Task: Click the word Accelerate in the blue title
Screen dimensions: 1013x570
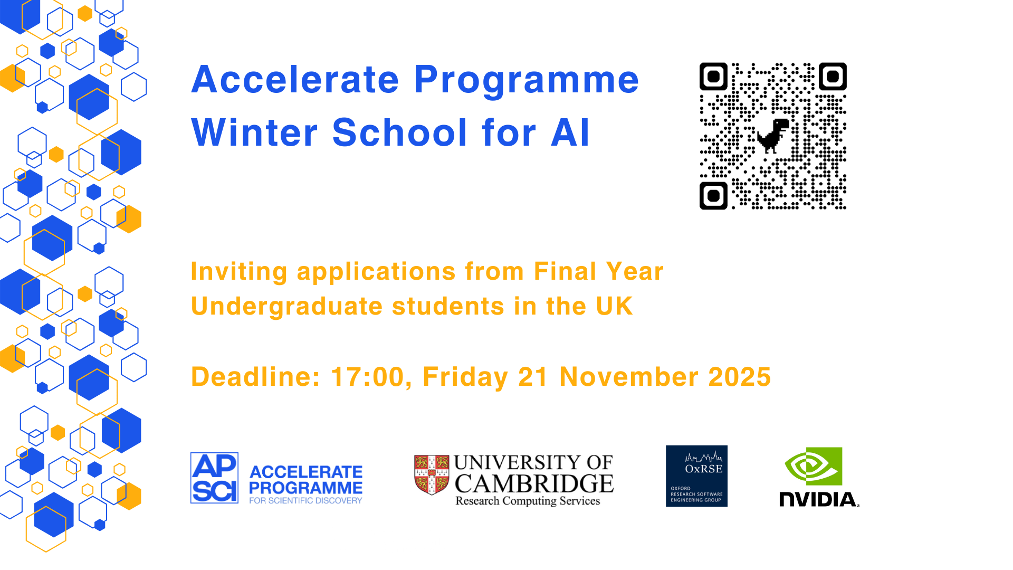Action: (x=295, y=80)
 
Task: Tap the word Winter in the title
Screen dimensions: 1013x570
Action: (x=254, y=132)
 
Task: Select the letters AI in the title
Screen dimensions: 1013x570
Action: (x=570, y=132)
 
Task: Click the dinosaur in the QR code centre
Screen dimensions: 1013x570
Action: (x=773, y=136)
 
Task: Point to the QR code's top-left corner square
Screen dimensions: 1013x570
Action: (x=713, y=77)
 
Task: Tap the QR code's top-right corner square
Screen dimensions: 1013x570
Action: (x=833, y=77)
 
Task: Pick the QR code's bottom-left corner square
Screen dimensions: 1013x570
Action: (x=713, y=196)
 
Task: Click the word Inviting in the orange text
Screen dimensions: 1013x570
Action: (x=239, y=272)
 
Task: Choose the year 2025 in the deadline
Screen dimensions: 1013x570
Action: (x=740, y=377)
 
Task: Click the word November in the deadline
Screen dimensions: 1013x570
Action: (x=629, y=377)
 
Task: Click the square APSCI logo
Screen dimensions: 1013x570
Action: (x=214, y=478)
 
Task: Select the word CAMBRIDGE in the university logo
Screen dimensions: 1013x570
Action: (x=534, y=483)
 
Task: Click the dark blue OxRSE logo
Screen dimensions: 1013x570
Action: (x=696, y=476)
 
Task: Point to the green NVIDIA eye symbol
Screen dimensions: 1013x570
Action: (x=814, y=467)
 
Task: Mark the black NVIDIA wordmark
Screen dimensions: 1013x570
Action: (x=819, y=499)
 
